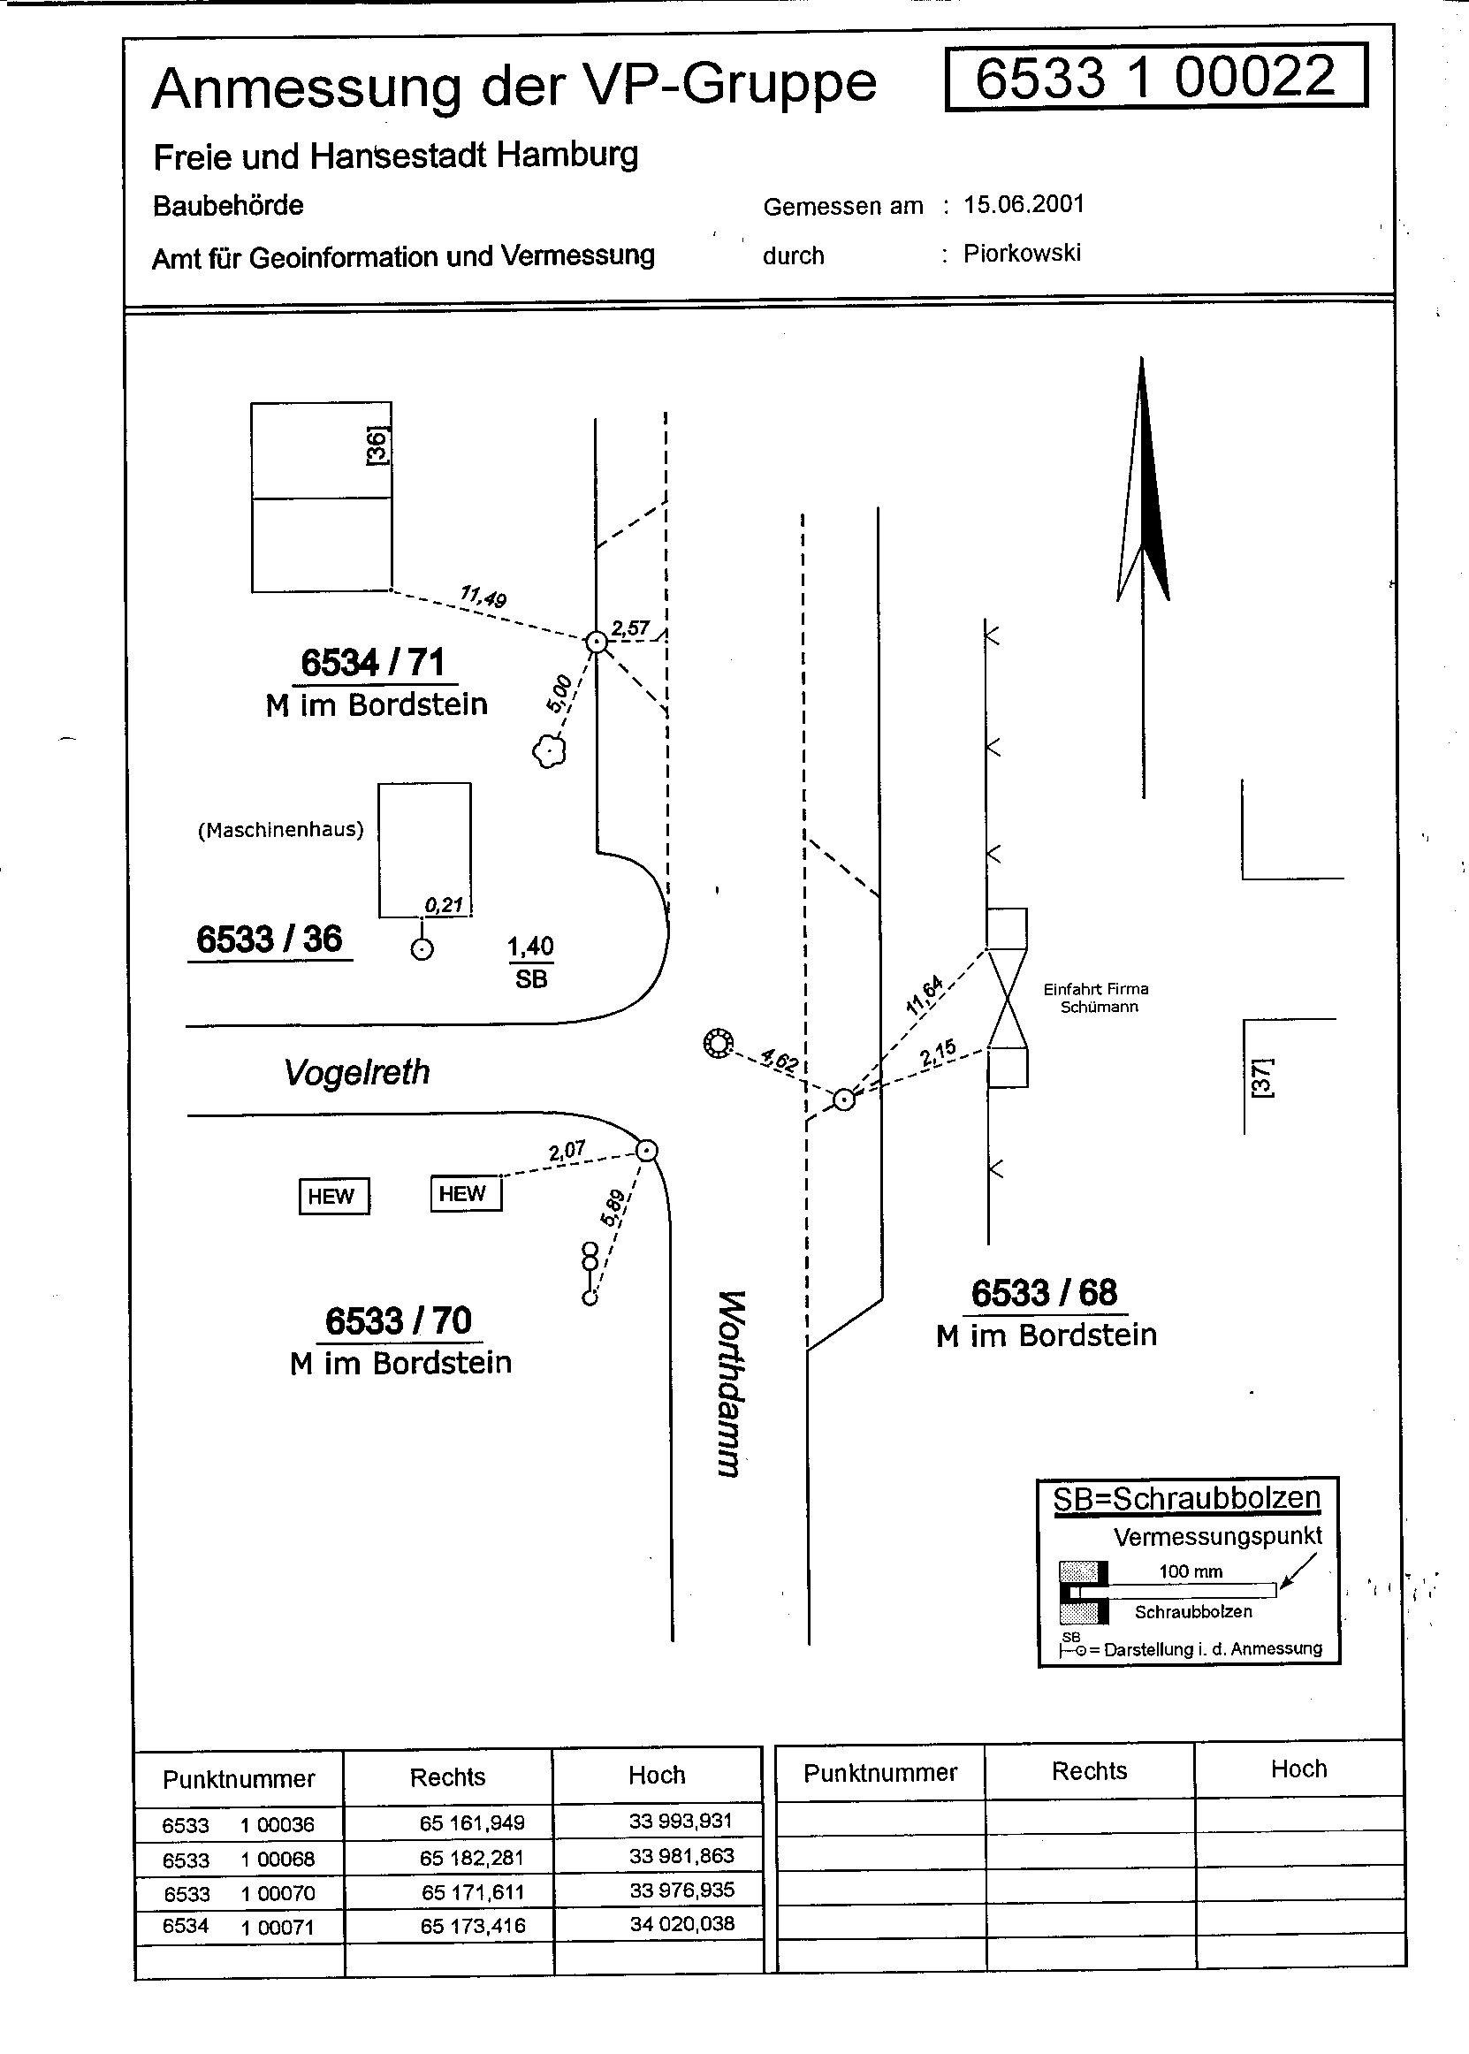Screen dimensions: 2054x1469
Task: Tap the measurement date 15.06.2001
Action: pyautogui.click(x=1023, y=204)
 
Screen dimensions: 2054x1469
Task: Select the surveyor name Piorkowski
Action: pyautogui.click(x=1021, y=254)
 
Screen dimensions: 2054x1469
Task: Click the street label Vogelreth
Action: pyautogui.click(x=356, y=1073)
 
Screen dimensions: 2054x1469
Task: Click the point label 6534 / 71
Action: pyautogui.click(x=373, y=663)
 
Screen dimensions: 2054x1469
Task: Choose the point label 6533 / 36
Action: pyautogui.click(x=269, y=940)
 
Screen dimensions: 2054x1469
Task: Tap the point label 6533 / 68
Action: pyautogui.click(x=1044, y=1293)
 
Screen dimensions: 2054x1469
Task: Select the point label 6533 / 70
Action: pyautogui.click(x=398, y=1321)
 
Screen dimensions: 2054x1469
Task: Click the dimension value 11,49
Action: pyautogui.click(x=483, y=597)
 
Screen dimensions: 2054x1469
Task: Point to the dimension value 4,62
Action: pyautogui.click(x=780, y=1059)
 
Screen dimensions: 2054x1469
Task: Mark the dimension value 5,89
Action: pyautogui.click(x=613, y=1207)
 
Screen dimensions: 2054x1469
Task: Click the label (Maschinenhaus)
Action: pyautogui.click(x=280, y=830)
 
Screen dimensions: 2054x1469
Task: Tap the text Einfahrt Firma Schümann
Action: pyautogui.click(x=1095, y=998)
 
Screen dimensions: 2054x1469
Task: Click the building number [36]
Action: pyautogui.click(x=377, y=446)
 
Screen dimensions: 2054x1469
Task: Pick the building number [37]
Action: pyautogui.click(x=1261, y=1077)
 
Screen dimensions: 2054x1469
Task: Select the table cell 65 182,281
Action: pyautogui.click(x=472, y=1858)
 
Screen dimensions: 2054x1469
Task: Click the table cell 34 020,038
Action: pyautogui.click(x=682, y=1924)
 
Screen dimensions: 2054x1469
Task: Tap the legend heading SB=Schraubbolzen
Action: pyautogui.click(x=1186, y=1499)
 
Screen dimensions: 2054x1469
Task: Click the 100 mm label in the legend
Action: pyautogui.click(x=1191, y=1572)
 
